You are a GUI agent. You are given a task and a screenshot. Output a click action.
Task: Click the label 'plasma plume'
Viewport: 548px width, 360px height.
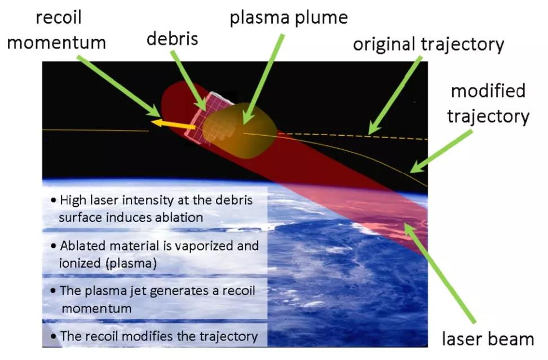[x=289, y=18]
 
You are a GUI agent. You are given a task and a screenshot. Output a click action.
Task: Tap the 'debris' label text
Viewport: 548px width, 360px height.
[x=173, y=38]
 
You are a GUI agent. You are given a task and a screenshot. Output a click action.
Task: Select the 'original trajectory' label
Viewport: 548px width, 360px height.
[x=428, y=45]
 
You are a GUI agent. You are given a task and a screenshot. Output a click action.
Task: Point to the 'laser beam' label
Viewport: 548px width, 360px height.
[x=488, y=339]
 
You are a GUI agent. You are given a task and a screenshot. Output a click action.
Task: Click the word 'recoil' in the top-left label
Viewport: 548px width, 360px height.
[x=59, y=17]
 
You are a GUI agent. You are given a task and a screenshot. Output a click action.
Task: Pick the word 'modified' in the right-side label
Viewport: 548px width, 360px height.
[x=488, y=91]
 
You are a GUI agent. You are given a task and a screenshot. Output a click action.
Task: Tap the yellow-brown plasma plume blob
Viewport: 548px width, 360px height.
[x=240, y=130]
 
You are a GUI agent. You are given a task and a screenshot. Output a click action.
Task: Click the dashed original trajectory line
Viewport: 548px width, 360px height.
[x=353, y=136]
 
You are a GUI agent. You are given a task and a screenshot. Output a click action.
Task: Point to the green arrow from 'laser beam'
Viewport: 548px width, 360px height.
[x=440, y=273]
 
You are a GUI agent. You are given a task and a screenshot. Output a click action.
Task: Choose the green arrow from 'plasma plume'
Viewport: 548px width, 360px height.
[x=263, y=79]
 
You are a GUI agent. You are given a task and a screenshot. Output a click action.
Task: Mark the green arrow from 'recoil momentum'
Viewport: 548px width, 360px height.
[x=119, y=86]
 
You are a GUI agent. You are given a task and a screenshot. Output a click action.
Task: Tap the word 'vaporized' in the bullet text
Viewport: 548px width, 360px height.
[x=204, y=246]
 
